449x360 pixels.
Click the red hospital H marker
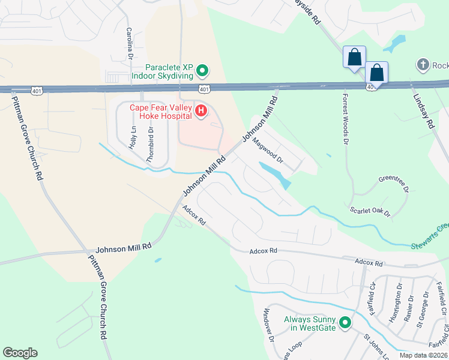point(201,111)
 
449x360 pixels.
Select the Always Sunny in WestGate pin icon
point(345,323)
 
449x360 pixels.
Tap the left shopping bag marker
point(354,58)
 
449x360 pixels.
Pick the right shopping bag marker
point(377,73)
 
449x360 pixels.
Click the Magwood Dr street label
point(267,151)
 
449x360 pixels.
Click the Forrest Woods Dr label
point(345,119)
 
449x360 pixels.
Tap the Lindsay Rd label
point(422,112)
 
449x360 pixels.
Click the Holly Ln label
point(133,137)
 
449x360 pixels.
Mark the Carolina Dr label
point(128,43)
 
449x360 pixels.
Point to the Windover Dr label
point(268,325)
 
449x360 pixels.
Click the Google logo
point(20,353)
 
